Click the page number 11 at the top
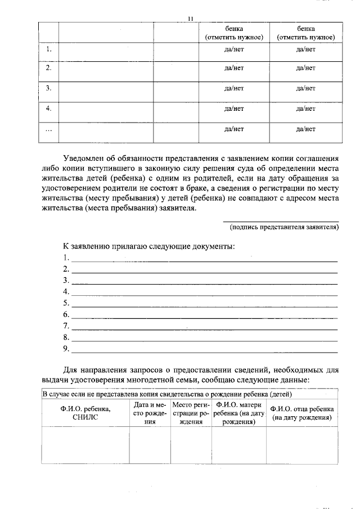point(190,19)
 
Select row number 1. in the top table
point(49,49)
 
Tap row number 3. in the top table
point(49,88)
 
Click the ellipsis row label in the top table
point(49,129)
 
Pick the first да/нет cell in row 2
point(233,68)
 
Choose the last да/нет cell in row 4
point(305,108)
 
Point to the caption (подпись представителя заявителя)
point(284,227)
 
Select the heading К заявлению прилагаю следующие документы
point(148,246)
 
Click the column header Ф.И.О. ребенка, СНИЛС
point(85,413)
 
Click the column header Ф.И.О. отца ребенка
point(302,413)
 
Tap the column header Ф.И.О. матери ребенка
point(238,413)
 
